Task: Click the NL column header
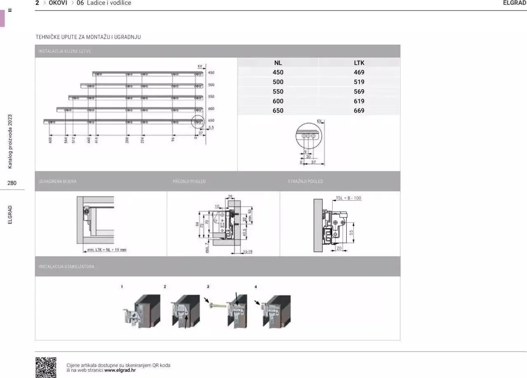(278, 63)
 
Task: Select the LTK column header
(359, 63)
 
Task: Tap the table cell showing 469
(359, 73)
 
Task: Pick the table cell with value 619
(359, 101)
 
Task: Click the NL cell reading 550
(278, 92)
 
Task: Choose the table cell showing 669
(359, 110)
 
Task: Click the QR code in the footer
(46, 367)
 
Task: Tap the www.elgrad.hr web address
(120, 370)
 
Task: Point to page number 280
(12, 183)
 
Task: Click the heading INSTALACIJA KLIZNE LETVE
(65, 52)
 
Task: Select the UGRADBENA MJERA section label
(57, 181)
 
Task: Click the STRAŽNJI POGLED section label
(305, 181)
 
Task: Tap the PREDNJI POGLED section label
(189, 181)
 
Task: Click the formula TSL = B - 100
(348, 198)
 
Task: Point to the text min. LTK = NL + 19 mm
(107, 250)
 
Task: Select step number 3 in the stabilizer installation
(208, 286)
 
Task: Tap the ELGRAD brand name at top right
(515, 3)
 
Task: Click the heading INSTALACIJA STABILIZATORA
(66, 267)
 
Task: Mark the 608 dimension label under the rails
(50, 140)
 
